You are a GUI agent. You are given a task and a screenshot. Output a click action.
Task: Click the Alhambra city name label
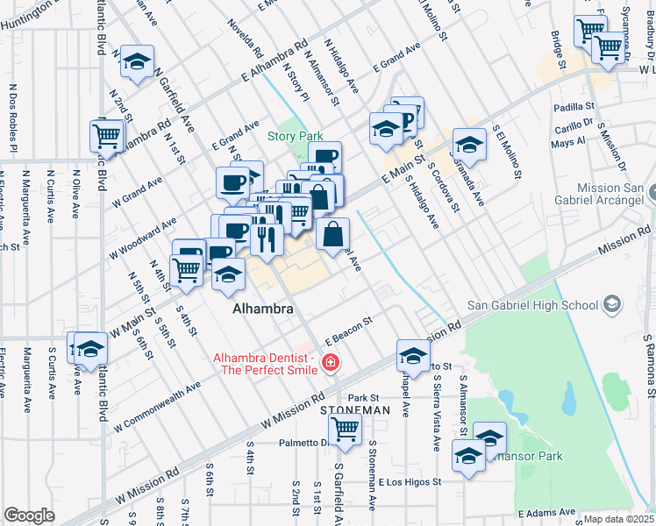point(262,309)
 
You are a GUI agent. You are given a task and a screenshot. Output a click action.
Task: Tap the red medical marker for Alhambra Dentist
point(331,362)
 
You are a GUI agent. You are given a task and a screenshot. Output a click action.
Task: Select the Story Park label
point(296,136)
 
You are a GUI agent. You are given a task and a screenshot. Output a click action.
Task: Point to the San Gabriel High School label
point(532,304)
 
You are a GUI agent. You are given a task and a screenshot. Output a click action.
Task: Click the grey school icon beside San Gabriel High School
point(611,304)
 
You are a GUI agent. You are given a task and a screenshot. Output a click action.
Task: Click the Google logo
point(29,515)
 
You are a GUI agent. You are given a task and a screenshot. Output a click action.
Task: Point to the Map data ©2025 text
point(618,519)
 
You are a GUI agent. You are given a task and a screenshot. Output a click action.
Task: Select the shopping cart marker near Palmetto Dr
point(346,429)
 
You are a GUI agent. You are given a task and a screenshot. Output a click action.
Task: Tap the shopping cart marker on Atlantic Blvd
point(106,136)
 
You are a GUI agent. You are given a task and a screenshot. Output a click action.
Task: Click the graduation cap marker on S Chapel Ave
point(412,355)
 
